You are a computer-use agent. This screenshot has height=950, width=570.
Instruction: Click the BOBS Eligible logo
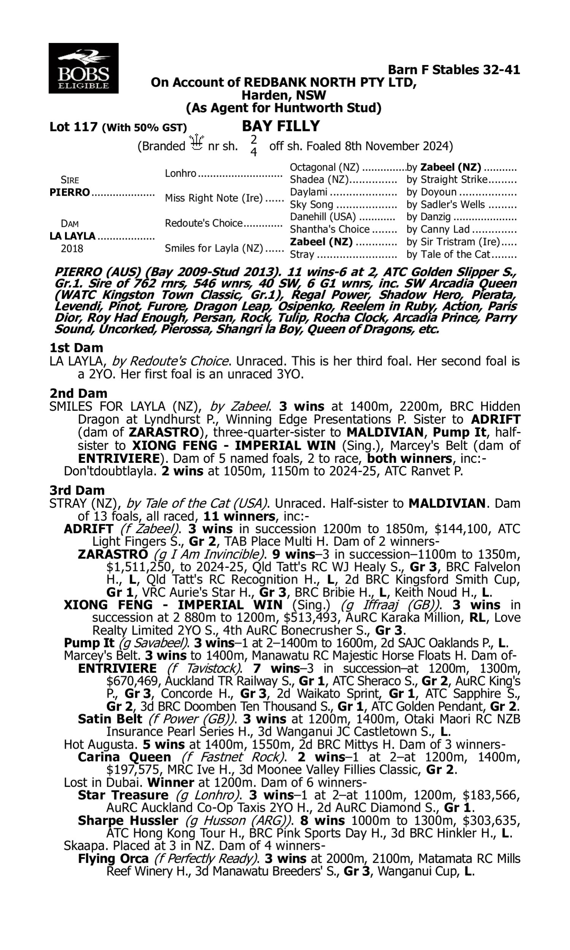83,68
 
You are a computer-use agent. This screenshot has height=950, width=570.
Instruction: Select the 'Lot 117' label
73,127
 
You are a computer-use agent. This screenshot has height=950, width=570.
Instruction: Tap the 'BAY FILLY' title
282,126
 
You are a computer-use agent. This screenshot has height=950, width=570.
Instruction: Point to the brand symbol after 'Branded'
196,142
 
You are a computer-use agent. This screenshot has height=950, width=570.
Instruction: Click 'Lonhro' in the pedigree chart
180,174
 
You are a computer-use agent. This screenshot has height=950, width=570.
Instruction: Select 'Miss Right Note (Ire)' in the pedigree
214,198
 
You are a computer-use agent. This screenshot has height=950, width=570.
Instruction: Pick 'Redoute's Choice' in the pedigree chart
204,223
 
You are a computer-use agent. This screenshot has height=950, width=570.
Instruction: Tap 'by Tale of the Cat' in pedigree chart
448,254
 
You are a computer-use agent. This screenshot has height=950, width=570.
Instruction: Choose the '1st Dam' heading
76,348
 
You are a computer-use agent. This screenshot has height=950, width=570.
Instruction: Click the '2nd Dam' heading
78,393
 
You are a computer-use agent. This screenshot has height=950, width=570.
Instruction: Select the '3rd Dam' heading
77,490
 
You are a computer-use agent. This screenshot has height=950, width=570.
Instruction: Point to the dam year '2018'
72,249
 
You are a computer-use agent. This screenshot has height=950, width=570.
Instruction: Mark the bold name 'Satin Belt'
110,719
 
